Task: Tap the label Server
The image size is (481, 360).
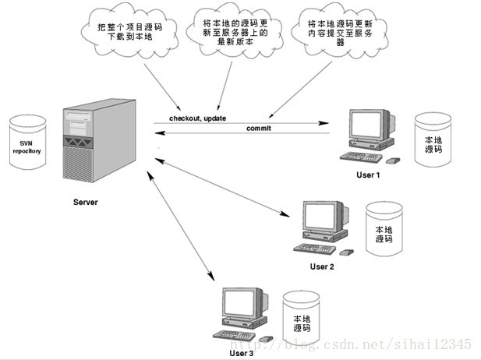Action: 86,203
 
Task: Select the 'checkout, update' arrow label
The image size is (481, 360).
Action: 198,118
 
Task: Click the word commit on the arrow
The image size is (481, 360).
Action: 258,128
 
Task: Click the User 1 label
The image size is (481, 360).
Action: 367,175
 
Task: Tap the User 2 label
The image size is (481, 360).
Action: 321,266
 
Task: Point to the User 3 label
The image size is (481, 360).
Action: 241,353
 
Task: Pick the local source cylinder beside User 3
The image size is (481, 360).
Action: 302,320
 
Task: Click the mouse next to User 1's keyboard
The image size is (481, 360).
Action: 394,161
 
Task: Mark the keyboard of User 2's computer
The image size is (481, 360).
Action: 314,249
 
